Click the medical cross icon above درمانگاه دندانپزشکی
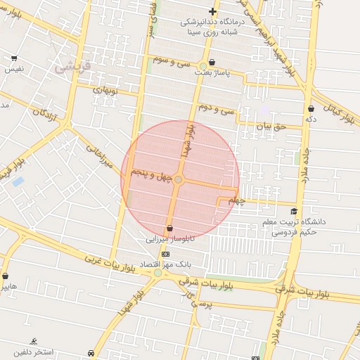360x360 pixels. [212, 11]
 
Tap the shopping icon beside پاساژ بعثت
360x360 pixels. [212, 63]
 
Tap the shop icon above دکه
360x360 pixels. [311, 109]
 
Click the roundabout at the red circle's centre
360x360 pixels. [179, 181]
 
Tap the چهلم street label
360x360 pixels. [236, 201]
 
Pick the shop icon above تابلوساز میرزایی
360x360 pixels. [169, 228]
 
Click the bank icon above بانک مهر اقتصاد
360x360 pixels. [165, 254]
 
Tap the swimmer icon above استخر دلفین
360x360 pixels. [34, 341]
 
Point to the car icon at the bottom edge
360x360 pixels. [91, 353]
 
